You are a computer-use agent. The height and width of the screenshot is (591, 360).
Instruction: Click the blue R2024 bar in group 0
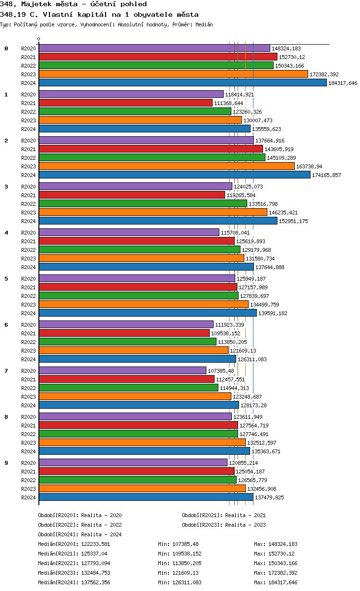coord(182,83)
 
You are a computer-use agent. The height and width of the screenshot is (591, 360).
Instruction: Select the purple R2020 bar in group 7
coord(122,370)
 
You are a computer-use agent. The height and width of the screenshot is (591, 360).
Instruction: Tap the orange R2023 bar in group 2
coord(167,166)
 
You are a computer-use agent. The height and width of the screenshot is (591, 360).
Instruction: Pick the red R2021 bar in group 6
coord(124,333)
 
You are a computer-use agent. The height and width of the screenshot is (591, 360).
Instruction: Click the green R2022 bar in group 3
coord(143,203)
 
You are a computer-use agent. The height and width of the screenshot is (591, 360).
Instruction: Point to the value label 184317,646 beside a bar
coord(343,83)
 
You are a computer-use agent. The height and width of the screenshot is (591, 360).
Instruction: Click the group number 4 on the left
coord(6,233)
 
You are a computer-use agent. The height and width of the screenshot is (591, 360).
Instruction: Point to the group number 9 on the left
coord(6,463)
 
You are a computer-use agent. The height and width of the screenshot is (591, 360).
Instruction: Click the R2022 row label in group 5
coord(28,296)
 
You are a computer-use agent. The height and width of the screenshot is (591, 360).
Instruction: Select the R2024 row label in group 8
coord(28,451)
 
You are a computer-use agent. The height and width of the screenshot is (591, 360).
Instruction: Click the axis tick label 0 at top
coord(39,39)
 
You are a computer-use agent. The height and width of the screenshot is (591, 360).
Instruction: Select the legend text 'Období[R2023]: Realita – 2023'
coord(224,525)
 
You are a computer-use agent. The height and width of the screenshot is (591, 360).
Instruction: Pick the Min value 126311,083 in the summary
coord(188,582)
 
